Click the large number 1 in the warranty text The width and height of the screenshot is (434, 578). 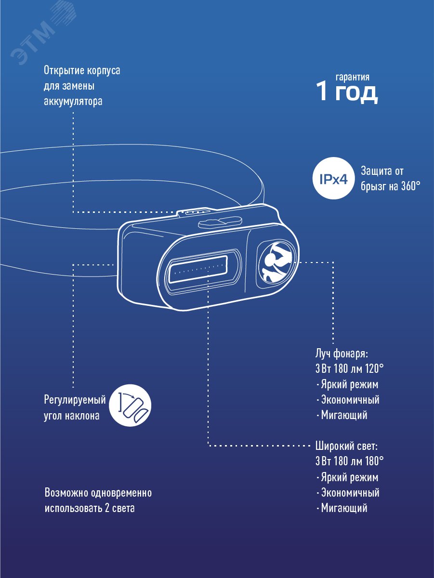pos(322,92)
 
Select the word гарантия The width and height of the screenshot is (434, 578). pos(353,77)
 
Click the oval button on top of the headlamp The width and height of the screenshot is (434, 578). pos(220,221)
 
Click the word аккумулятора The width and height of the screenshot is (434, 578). pos(73,102)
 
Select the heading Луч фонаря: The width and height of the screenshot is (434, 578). pos(341,354)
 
